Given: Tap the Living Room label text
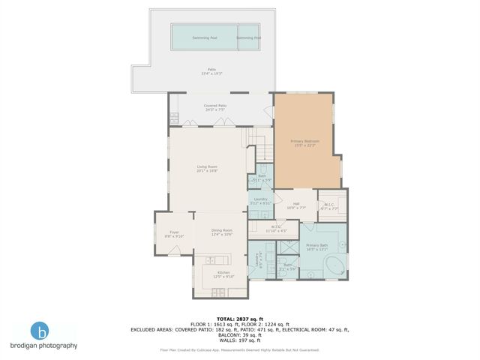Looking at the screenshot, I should coord(206,168).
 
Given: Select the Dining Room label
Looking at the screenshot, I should coord(221,232).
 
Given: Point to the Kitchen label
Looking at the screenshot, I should coord(223,274).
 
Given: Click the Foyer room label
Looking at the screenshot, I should coord(174,234).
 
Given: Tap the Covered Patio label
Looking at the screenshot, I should coord(214,107).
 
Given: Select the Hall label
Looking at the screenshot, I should coord(295,205).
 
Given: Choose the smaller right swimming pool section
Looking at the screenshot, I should coord(249,37).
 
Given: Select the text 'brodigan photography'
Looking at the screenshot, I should coord(43,346).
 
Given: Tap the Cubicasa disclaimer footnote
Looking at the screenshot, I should coord(239,349).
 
